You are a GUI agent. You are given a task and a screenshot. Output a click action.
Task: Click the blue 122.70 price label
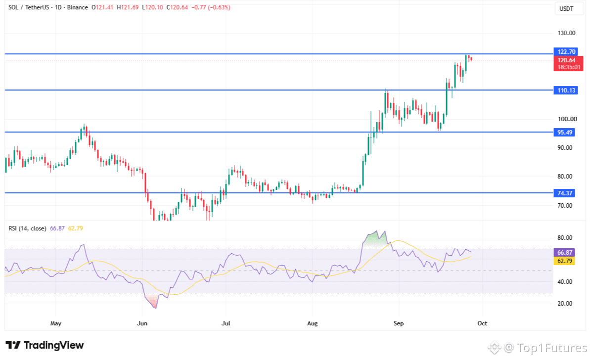click(x=565, y=51)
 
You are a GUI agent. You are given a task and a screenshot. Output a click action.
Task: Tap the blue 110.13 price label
click(x=565, y=90)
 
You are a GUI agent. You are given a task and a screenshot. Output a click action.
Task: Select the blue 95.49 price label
click(x=564, y=133)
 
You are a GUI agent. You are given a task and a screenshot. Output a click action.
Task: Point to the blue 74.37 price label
click(x=564, y=193)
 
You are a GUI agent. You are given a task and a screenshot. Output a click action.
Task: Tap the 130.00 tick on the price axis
click(x=566, y=33)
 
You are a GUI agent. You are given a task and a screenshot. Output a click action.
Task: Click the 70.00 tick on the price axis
click(x=565, y=205)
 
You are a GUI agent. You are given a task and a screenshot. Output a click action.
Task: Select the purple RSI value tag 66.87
click(x=564, y=253)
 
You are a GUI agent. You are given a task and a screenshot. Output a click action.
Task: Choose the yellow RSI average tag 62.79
click(x=564, y=261)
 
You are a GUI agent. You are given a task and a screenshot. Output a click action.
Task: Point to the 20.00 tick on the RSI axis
click(x=565, y=304)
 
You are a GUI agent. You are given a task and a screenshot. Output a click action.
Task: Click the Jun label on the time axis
click(x=142, y=323)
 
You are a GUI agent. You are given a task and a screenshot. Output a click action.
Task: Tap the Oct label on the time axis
click(x=482, y=323)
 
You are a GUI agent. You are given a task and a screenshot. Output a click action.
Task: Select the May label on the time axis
click(x=56, y=323)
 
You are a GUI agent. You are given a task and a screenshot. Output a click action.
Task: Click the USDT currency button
click(x=566, y=9)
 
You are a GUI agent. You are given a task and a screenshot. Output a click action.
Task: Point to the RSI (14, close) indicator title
click(x=28, y=228)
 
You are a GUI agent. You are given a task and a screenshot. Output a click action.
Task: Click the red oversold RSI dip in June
click(x=152, y=301)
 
